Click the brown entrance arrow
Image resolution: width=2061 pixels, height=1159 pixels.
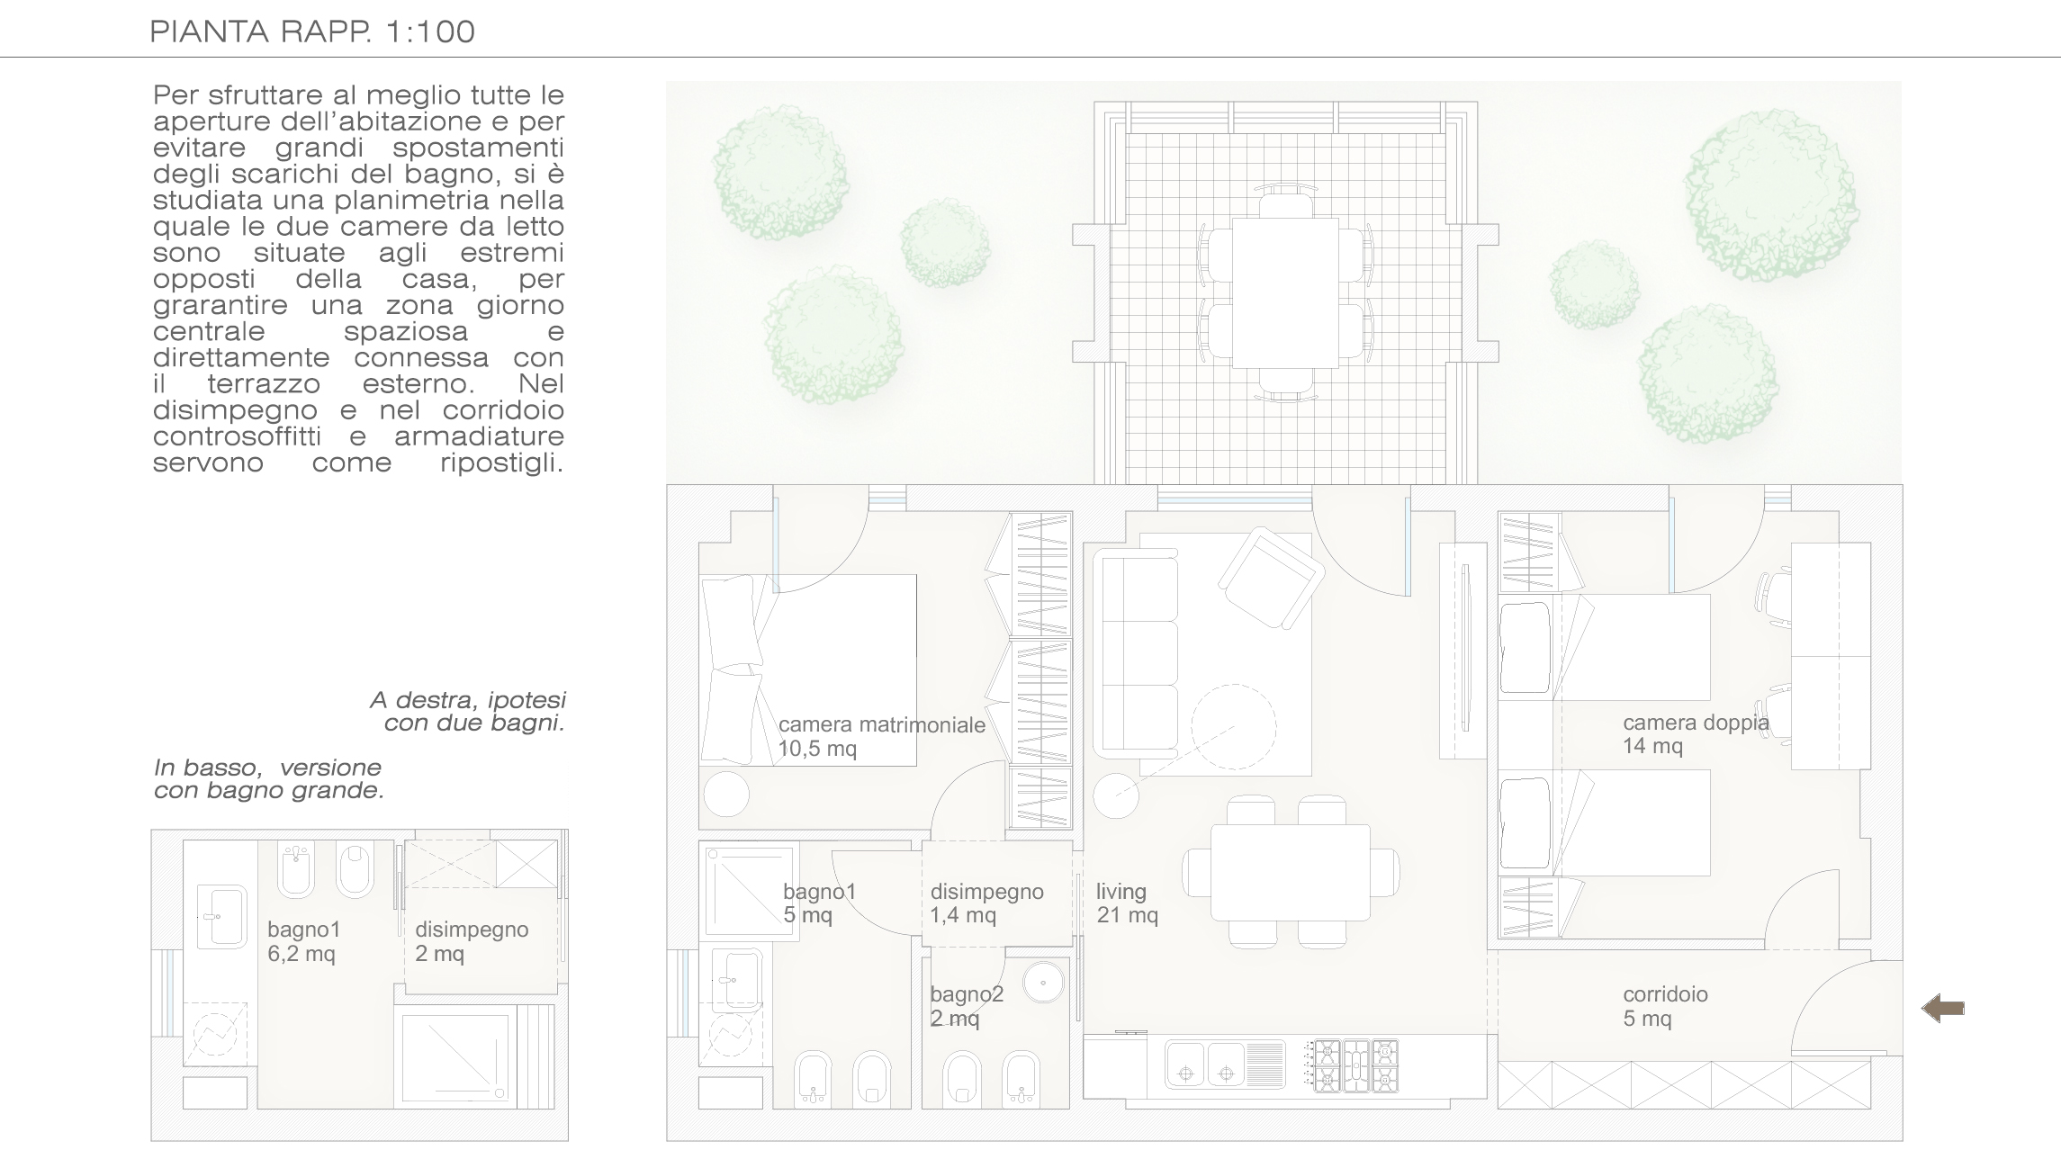1942,1009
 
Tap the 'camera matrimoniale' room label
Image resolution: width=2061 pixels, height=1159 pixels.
882,725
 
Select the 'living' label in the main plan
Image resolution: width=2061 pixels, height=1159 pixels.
1121,893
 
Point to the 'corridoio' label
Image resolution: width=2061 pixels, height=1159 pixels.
1665,994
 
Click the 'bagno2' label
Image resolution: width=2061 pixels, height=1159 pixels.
967,994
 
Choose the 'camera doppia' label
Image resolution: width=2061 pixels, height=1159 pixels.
1696,723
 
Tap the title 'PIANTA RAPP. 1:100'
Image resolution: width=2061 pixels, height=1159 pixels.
312,31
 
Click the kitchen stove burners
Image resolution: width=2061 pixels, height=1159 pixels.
1354,1066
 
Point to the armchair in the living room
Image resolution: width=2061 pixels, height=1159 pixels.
1270,578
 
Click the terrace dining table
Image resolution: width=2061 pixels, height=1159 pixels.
1286,292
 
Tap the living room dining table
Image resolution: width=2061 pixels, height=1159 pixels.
1290,872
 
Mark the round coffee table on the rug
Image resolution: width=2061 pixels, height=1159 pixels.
1234,726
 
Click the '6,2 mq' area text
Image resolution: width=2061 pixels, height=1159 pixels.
301,954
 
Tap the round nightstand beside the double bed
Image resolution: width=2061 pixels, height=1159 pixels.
726,794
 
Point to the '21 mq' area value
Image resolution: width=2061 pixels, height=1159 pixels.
1127,916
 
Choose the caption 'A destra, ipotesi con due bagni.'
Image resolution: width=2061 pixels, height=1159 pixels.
468,712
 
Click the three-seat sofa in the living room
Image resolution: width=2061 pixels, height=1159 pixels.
1136,654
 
